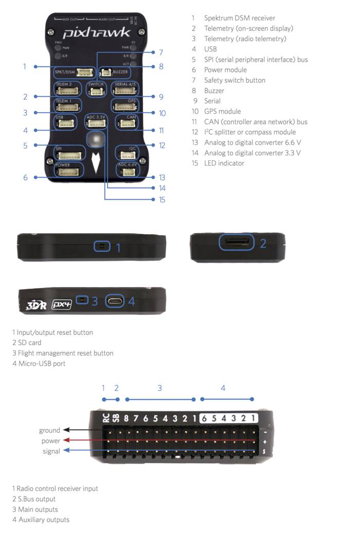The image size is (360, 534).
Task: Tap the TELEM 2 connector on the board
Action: (x=67, y=91)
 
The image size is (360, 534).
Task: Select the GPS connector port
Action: (x=125, y=106)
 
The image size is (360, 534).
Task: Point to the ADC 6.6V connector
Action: (x=126, y=171)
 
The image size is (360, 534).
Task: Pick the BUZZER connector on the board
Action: (x=109, y=73)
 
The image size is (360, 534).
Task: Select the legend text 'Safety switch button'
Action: (x=235, y=80)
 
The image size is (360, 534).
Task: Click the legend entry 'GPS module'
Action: (x=222, y=111)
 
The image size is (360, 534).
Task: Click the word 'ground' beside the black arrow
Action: (x=49, y=430)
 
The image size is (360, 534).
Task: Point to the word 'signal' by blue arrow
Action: (x=51, y=451)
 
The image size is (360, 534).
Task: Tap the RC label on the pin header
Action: (x=105, y=418)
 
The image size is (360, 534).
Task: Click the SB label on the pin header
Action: (x=116, y=418)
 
